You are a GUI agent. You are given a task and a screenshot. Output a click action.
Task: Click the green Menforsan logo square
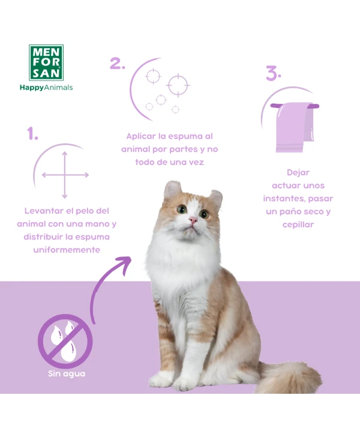46,62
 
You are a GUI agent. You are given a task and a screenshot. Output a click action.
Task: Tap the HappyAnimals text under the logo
46,88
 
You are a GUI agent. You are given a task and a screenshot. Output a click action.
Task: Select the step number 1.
32,133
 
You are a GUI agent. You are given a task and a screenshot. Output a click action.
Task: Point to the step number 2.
118,63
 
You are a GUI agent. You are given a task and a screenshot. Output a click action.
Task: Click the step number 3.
274,73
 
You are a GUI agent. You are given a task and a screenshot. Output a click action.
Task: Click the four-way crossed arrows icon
65,175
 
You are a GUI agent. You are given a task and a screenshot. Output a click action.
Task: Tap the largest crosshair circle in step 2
178,85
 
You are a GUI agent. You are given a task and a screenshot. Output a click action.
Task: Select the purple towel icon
295,127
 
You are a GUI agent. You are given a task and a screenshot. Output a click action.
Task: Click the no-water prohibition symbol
65,341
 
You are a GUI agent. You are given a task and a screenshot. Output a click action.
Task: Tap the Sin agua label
67,374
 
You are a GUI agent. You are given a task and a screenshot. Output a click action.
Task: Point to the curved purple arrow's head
124,264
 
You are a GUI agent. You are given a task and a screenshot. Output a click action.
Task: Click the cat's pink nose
193,220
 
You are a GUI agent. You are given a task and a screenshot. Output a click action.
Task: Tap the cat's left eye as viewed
182,209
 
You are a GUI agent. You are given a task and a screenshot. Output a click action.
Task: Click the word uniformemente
67,250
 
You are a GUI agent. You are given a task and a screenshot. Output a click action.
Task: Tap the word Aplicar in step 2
141,136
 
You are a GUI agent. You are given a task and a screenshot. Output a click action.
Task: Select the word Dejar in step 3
298,173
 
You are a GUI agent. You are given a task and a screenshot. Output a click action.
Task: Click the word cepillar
298,225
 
